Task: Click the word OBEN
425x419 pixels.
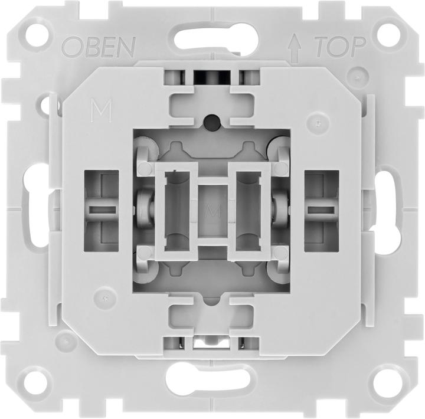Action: [x=99, y=45]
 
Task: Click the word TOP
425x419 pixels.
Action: [x=338, y=45]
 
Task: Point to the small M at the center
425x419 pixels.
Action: [x=207, y=209]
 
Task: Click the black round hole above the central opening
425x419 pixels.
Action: [x=212, y=122]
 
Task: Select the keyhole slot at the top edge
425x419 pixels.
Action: [x=212, y=29]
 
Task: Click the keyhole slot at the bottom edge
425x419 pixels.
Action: [x=212, y=378]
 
